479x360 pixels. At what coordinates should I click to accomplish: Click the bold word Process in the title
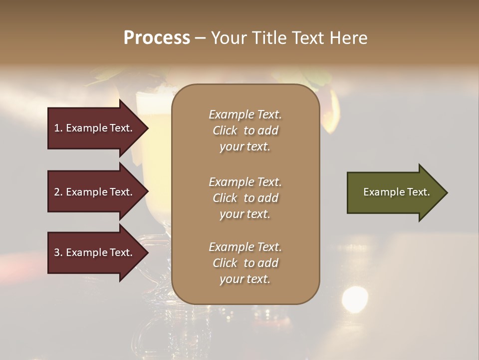pos(157,38)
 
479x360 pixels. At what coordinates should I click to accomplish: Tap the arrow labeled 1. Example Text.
pos(95,128)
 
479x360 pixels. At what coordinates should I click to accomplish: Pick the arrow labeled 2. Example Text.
pos(95,192)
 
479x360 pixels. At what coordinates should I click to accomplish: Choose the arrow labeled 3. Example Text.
pos(95,252)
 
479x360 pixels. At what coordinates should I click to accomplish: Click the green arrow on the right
pos(394,192)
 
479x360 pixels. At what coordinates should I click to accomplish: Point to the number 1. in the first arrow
pos(58,128)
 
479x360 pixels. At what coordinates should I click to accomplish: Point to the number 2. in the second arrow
pos(58,192)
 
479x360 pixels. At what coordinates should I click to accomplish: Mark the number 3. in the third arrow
pos(58,252)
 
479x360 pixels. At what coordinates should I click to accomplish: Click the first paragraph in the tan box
pos(245,130)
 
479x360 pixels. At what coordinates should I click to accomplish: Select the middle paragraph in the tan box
pos(245,198)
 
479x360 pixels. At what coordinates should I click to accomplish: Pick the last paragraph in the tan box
pos(245,263)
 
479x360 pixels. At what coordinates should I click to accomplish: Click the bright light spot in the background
pos(355,299)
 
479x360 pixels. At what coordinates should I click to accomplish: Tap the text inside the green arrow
pos(396,192)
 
